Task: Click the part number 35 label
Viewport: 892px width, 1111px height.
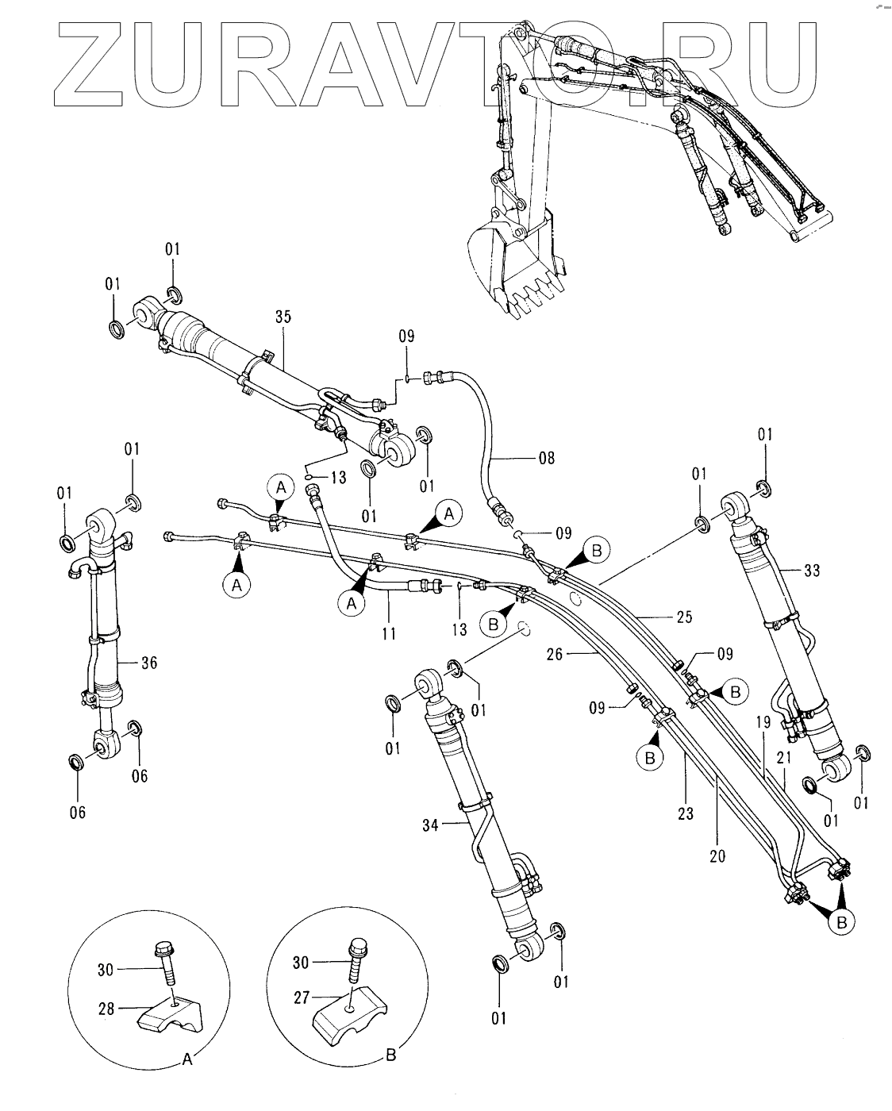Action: pyautogui.click(x=283, y=317)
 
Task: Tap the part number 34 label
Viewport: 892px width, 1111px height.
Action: pyautogui.click(x=430, y=825)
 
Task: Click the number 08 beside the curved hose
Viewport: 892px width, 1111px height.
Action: pyautogui.click(x=546, y=458)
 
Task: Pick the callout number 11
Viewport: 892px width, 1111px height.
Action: pyautogui.click(x=387, y=634)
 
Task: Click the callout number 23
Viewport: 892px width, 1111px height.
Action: pyautogui.click(x=685, y=813)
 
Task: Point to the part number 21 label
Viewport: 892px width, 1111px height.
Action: pyautogui.click(x=785, y=759)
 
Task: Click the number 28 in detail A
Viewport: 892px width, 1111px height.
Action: pyautogui.click(x=106, y=1009)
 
